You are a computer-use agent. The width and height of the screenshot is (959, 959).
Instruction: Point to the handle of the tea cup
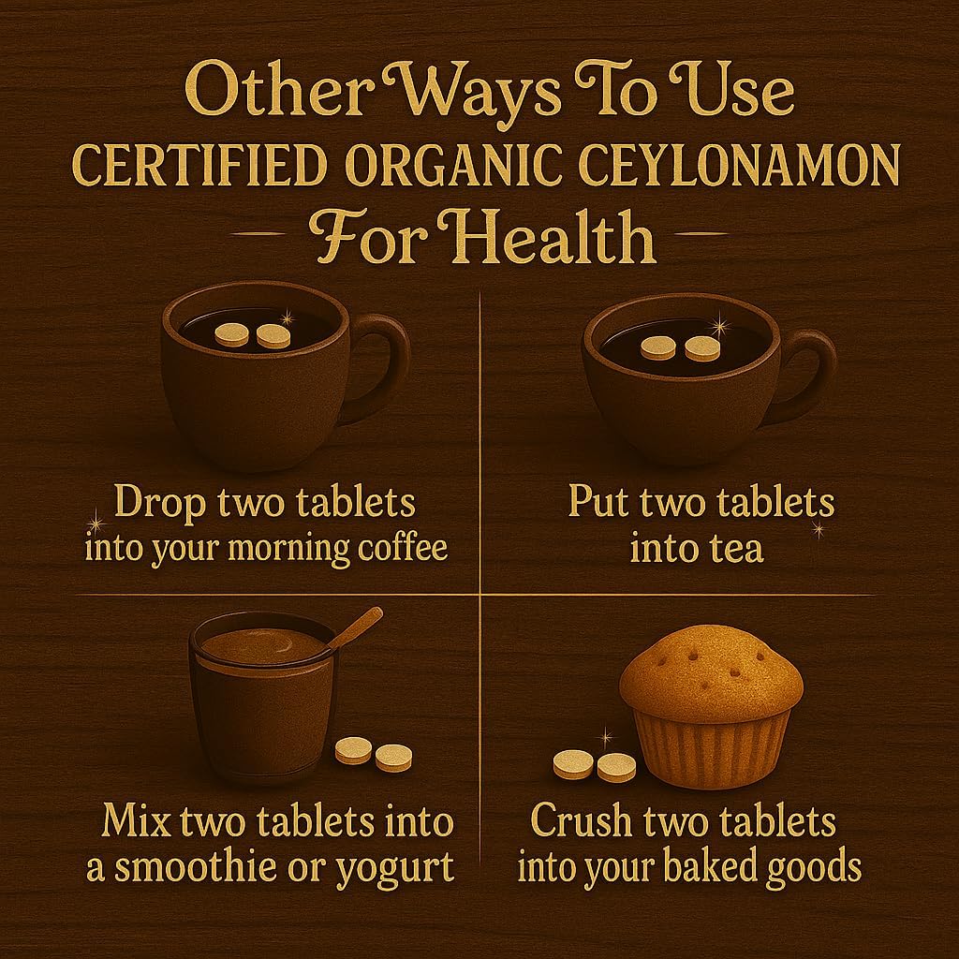(809, 370)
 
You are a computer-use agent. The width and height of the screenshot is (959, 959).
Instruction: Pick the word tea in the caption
(736, 547)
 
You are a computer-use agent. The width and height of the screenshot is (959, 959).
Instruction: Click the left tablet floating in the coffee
(231, 334)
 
